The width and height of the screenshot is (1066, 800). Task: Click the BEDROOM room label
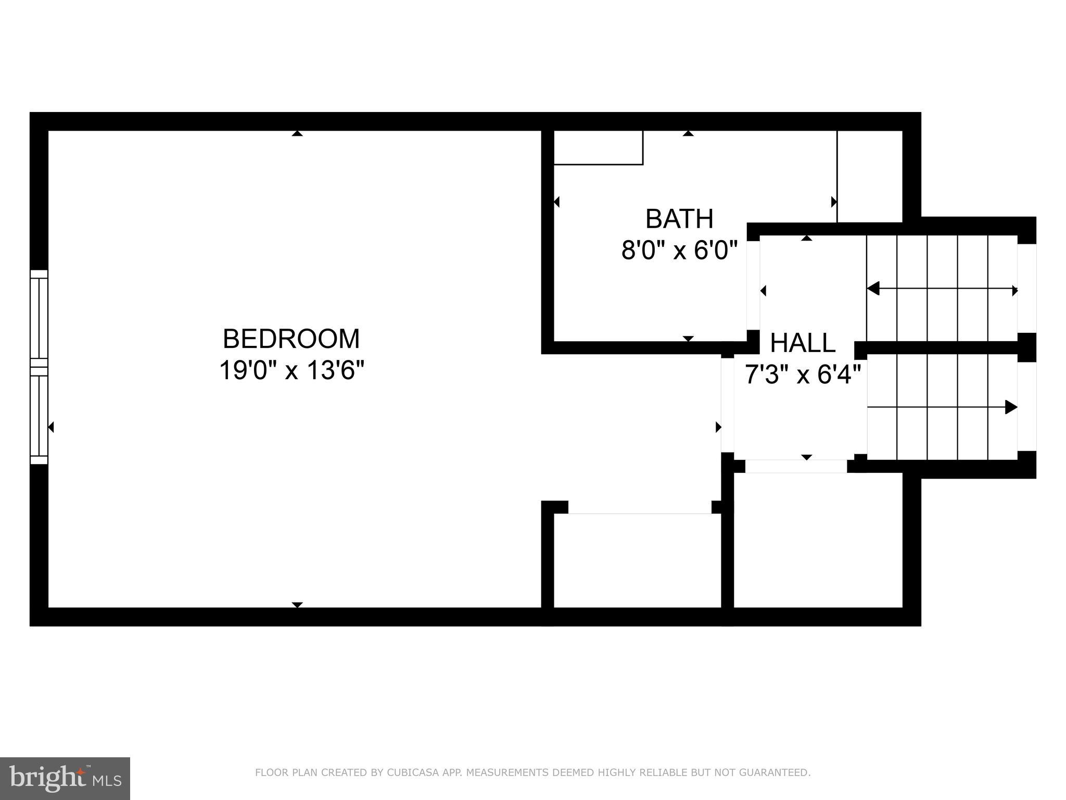tap(291, 339)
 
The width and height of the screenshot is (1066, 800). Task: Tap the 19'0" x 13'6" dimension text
tap(291, 371)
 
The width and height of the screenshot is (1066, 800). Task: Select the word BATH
tap(679, 219)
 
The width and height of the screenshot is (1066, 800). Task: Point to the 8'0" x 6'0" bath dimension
tap(679, 251)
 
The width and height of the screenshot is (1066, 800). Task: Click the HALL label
tap(803, 343)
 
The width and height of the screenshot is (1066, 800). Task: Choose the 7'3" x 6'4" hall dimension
tap(803, 374)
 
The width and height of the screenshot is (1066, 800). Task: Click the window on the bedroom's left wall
tap(39, 367)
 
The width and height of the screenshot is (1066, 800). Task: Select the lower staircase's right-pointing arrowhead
tap(1010, 407)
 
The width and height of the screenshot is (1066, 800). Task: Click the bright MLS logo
tap(65, 778)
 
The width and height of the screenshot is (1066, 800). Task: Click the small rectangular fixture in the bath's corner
tap(598, 148)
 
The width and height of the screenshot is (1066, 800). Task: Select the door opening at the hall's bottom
tap(796, 466)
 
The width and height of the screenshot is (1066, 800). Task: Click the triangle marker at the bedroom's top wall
tap(297, 134)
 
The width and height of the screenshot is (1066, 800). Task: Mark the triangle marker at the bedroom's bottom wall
tap(297, 605)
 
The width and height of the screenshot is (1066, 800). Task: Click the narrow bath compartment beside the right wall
tap(869, 177)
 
